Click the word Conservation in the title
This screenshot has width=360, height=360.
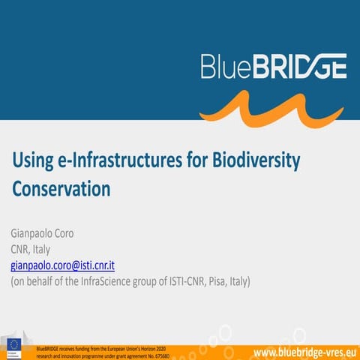click(x=61, y=188)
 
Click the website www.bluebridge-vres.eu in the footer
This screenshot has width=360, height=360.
click(x=304, y=352)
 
